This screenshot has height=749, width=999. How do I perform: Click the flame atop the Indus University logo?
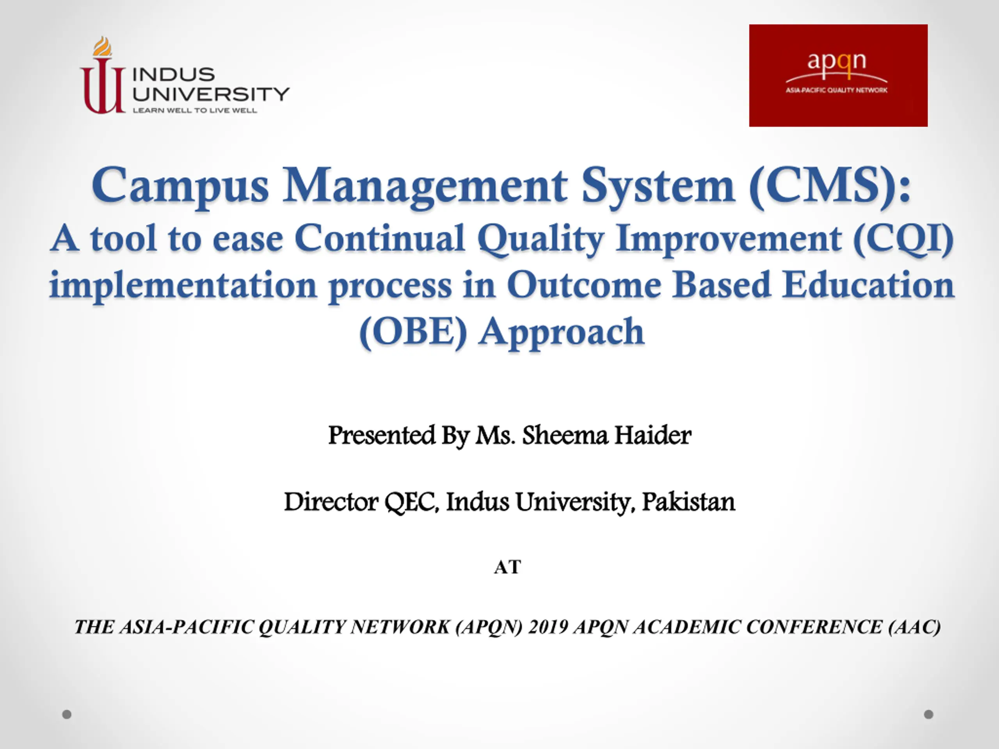(x=103, y=46)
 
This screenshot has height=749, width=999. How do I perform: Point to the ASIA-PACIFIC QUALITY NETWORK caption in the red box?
(x=836, y=90)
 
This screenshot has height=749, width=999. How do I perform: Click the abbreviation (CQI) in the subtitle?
(x=904, y=239)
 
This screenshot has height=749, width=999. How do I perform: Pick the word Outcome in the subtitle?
(x=584, y=285)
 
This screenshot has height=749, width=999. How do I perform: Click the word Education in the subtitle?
(x=868, y=285)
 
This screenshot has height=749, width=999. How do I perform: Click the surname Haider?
(x=652, y=436)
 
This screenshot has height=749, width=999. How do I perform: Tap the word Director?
(x=331, y=502)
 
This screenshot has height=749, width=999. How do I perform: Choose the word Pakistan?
(x=689, y=502)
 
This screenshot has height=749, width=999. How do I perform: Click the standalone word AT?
(x=508, y=567)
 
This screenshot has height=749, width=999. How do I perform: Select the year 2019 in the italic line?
(x=548, y=627)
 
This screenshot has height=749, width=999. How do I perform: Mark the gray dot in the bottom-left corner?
(x=67, y=714)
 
